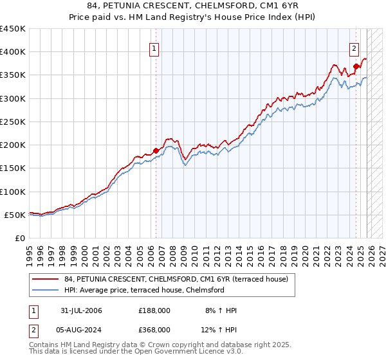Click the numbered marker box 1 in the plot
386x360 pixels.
pos(155,48)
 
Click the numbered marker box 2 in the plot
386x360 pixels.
pos(354,48)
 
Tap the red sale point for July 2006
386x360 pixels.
pos(156,150)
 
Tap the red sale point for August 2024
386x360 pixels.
pos(356,66)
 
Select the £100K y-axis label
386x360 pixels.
pos(13,192)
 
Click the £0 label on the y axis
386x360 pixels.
pos(19,238)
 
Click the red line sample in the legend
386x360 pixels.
pos(46,279)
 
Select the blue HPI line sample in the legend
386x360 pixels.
pos(46,290)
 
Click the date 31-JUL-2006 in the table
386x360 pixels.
pos(79,310)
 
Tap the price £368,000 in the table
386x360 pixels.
pos(154,329)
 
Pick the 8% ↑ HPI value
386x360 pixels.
pos(221,310)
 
